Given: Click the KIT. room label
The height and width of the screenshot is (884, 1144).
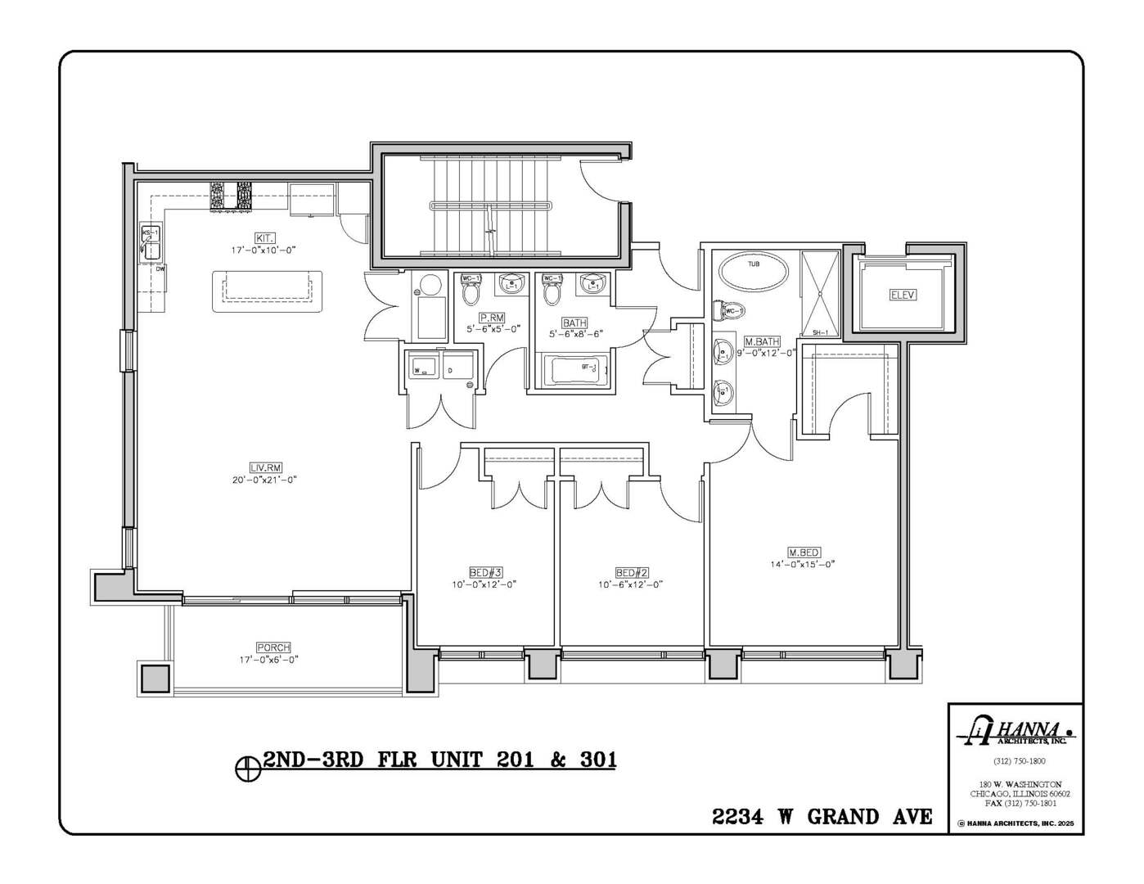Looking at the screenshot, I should pos(263,237).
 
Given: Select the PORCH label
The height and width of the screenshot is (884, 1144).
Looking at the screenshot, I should pos(273,647).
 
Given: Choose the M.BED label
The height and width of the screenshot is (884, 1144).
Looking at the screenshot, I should pos(803,552).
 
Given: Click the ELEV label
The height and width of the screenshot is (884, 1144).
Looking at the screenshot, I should pos(903,295).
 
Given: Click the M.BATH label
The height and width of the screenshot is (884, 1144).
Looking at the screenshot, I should pos(761,341).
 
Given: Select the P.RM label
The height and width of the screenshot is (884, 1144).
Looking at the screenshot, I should pos(492,317).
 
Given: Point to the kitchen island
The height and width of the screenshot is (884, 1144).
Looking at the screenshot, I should pos(267,291).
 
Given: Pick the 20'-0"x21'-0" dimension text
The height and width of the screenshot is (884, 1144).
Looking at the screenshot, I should pos(264,480).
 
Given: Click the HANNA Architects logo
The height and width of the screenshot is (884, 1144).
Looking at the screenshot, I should pos(1019,731).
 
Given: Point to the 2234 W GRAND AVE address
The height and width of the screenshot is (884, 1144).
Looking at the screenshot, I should pos(822,816).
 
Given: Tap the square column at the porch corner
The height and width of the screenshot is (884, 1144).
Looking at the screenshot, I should pos(154,679).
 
